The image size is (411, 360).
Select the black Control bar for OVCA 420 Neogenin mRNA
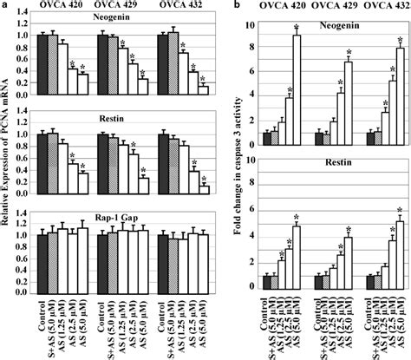point(42,65)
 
